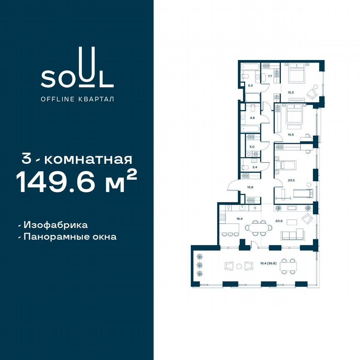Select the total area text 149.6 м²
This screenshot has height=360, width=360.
click(x=77, y=182)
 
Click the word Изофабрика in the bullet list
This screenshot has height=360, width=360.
click(x=55, y=225)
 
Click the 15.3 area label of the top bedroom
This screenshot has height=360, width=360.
click(x=289, y=92)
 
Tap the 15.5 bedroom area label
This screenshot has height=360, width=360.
click(x=290, y=135)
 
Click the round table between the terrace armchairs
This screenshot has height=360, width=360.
click(x=239, y=266)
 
